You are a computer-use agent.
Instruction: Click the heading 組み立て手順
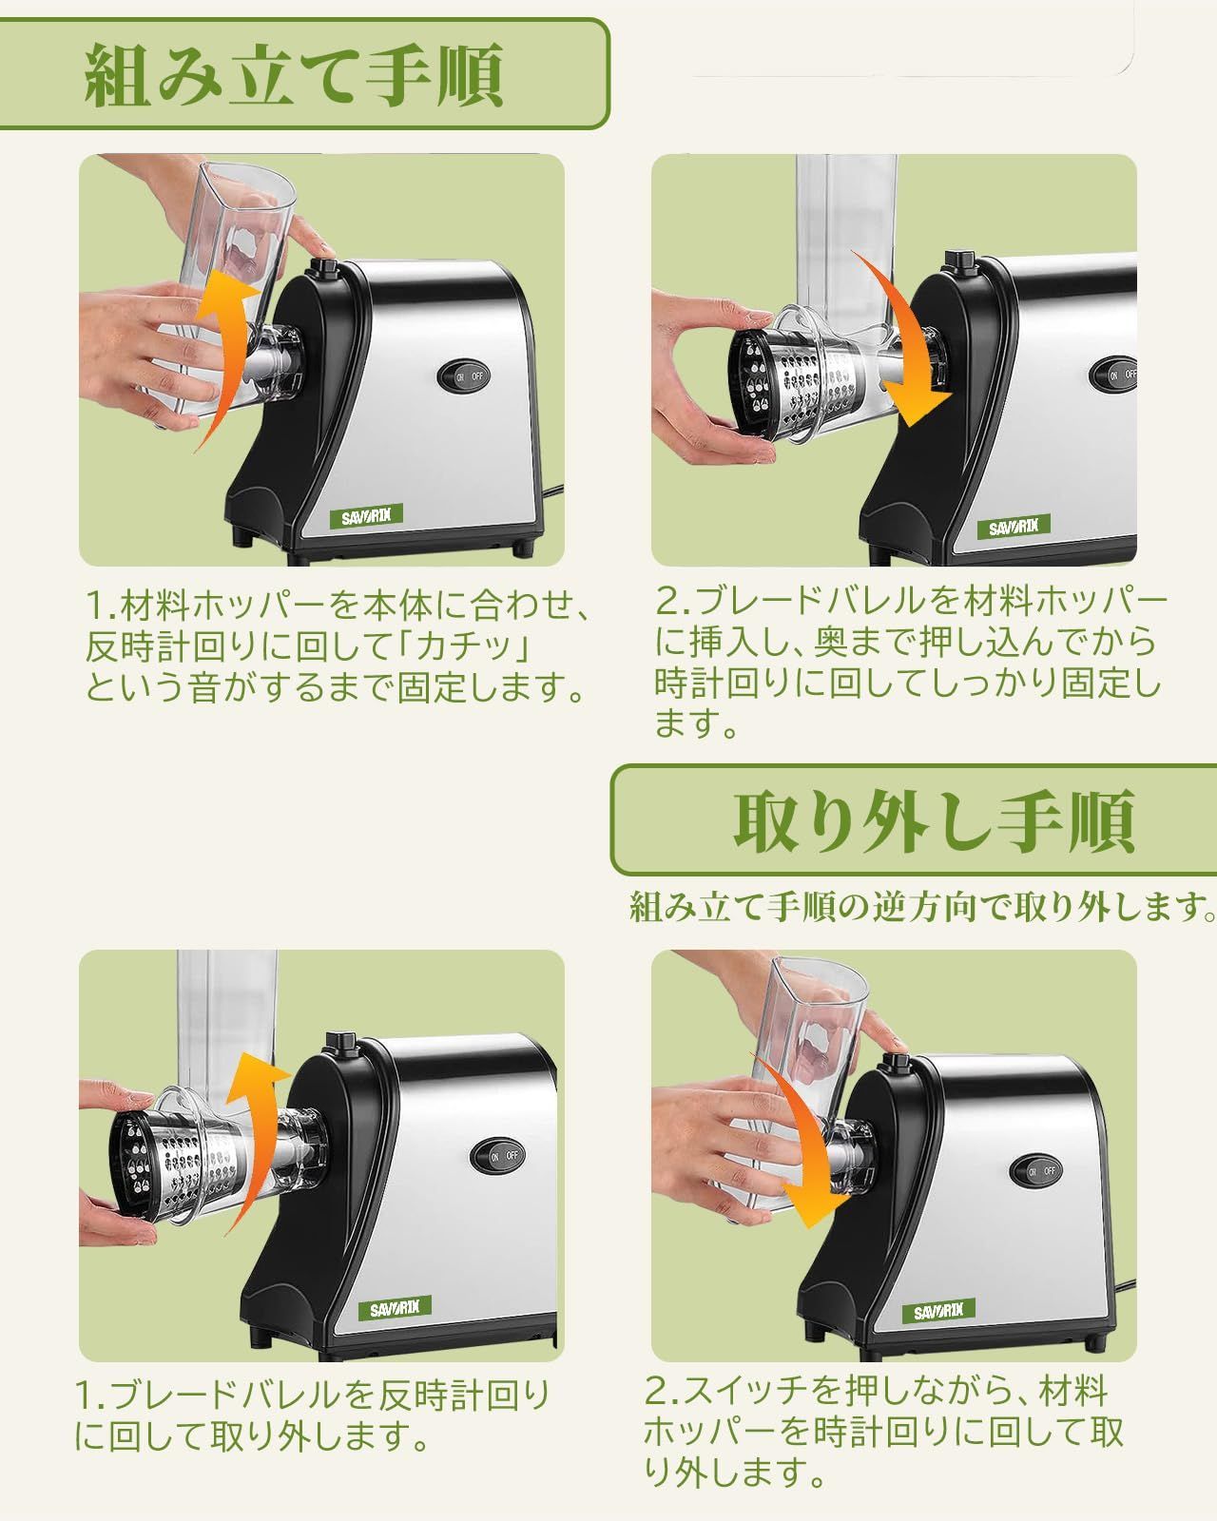[294, 74]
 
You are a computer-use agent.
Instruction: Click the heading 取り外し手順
[934, 820]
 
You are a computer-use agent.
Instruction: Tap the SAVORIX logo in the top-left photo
[366, 516]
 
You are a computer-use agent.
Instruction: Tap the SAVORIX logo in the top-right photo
[1014, 527]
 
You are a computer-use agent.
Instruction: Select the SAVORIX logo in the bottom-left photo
[395, 1309]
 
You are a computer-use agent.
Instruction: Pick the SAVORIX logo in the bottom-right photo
[938, 1312]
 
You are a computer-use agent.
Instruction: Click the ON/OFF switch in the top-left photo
[464, 376]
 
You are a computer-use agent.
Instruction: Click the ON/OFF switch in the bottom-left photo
[498, 1156]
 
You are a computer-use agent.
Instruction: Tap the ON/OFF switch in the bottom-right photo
[1036, 1170]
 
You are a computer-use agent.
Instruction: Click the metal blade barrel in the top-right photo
[796, 381]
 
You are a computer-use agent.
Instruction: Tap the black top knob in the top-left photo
[326, 269]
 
